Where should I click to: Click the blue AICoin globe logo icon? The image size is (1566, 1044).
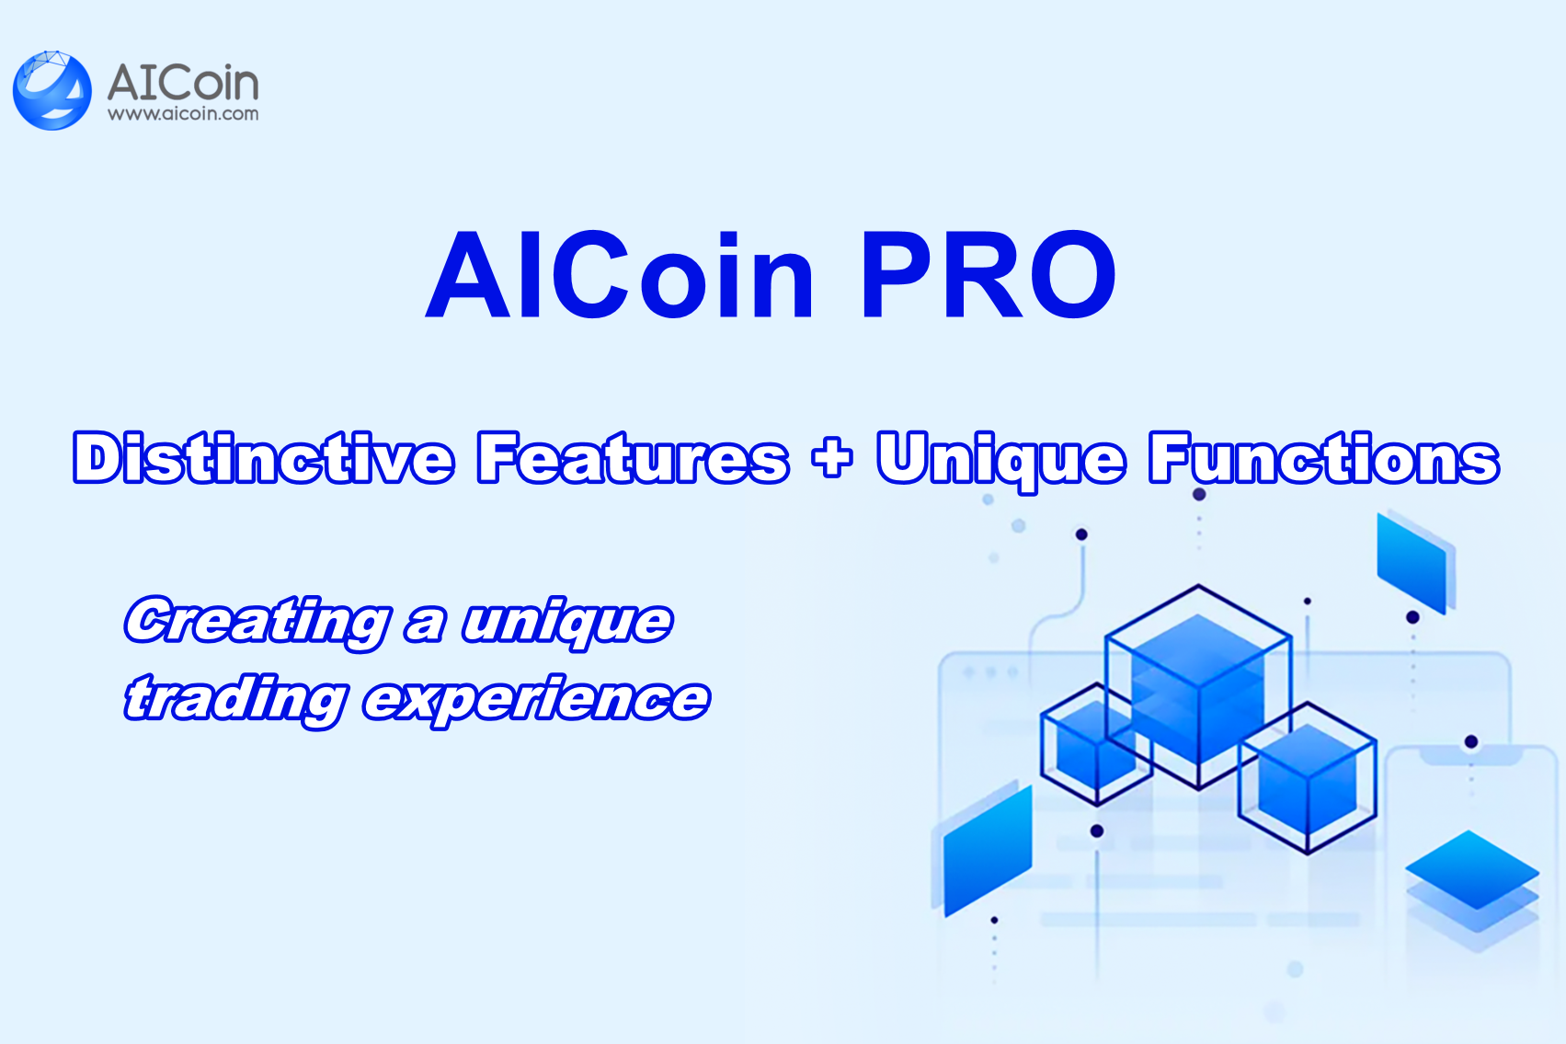coord(52,90)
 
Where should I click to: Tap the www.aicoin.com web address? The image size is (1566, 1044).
coord(183,114)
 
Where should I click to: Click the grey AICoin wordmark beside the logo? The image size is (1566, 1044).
coord(183,83)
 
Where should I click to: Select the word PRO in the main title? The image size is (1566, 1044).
coord(988,275)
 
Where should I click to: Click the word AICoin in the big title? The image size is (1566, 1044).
coord(621,275)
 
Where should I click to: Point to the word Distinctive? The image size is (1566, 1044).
coord(264,458)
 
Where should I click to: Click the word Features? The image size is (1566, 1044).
coord(633,458)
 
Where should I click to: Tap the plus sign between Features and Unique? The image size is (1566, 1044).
coord(832,458)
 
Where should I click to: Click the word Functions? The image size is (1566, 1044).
coord(1324,458)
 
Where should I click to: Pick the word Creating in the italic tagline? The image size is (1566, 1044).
coord(257,622)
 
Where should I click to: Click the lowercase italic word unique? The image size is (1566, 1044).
coord(567,624)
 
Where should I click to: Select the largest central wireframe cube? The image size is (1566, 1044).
coord(1198,685)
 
